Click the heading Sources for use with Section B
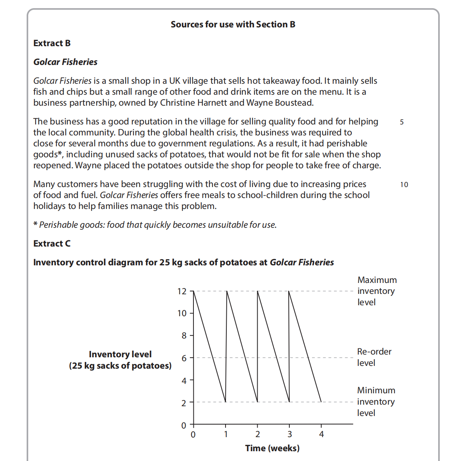point(233,24)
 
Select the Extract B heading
point(52,43)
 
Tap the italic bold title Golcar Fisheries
point(65,62)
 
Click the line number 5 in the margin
point(402,122)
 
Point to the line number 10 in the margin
point(404,185)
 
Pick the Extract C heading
point(52,243)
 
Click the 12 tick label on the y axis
point(182,291)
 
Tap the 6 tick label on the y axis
point(184,358)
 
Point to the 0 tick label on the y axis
point(184,425)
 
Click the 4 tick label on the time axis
point(322,434)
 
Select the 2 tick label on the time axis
point(258,434)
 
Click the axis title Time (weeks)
point(272,448)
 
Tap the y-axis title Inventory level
point(120,354)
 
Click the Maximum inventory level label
point(376,291)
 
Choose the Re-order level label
point(374,357)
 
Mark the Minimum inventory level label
point(376,402)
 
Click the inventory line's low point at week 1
point(226,402)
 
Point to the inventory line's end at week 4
point(321,402)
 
